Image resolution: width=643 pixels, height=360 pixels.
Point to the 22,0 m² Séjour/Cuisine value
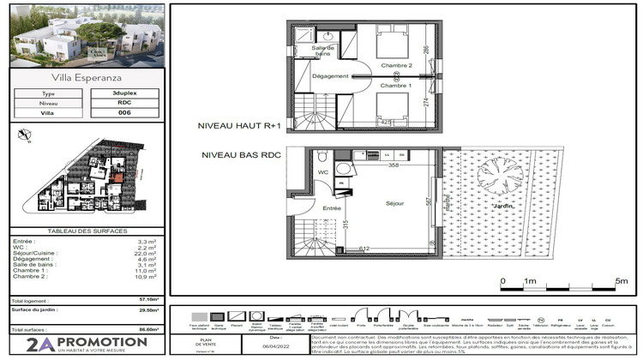pos(147,253)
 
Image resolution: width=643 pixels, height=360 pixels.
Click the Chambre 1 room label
pos(397,86)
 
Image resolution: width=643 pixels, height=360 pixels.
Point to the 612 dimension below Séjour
pos(364,248)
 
